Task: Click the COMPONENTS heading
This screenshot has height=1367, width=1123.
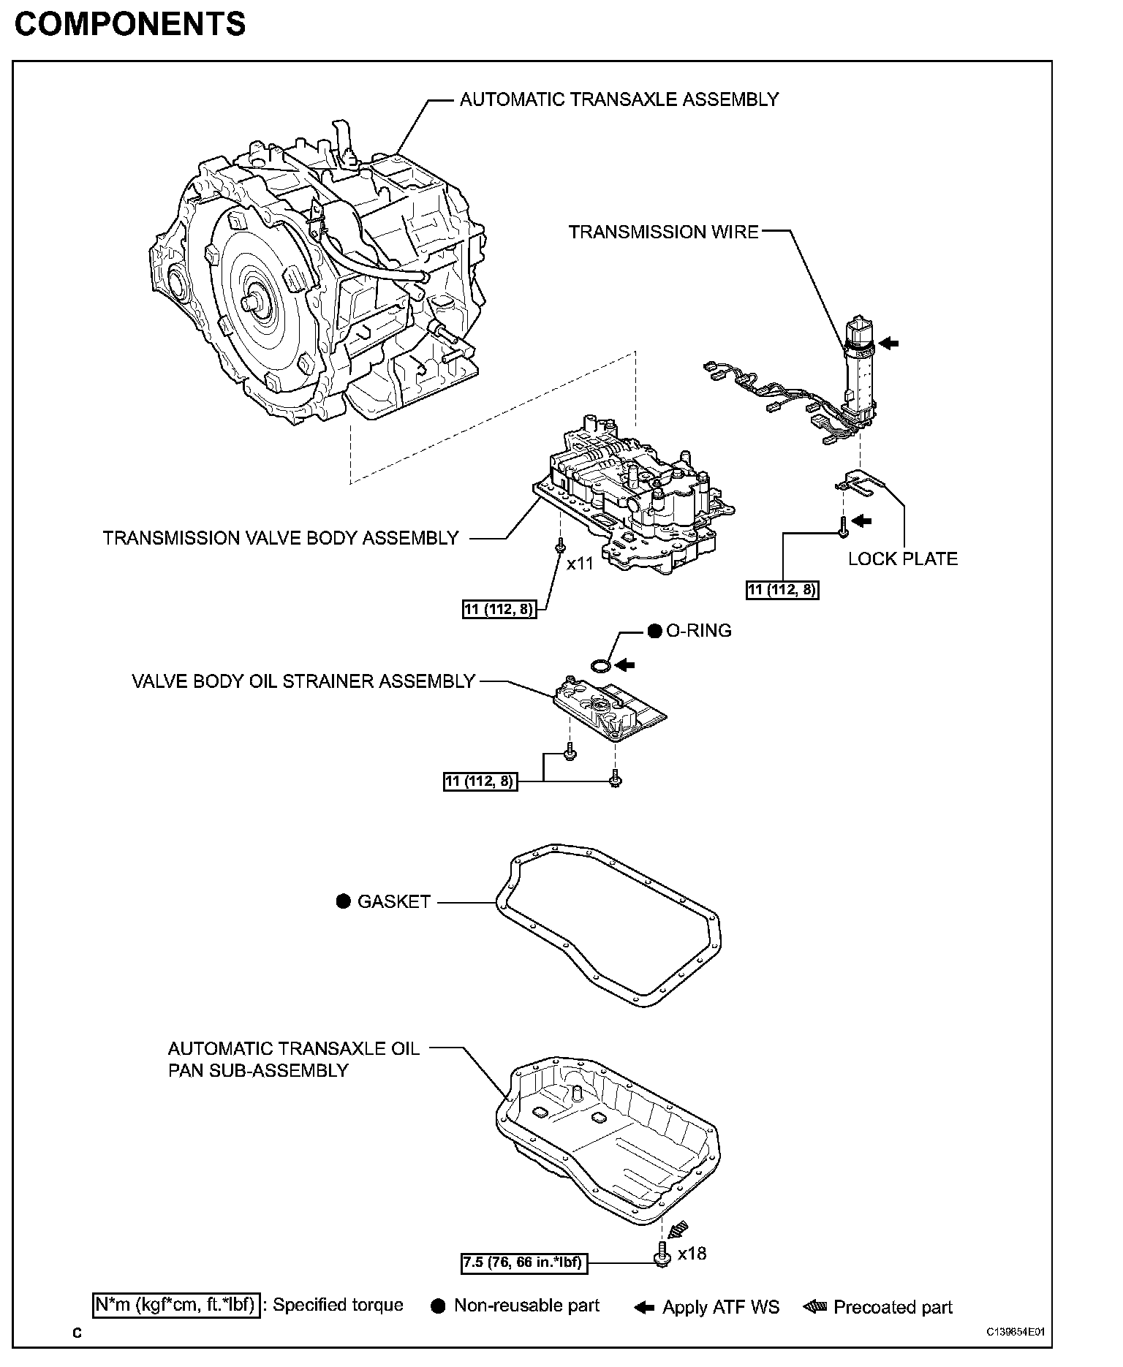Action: coord(130,25)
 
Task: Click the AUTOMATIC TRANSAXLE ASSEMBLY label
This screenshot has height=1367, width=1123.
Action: coord(619,99)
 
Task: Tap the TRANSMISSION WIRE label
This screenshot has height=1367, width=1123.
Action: coord(663,232)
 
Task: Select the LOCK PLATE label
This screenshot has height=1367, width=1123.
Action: coord(902,559)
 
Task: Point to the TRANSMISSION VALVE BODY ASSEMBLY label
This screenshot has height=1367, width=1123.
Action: coord(281,538)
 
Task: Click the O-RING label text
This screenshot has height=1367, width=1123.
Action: coord(698,631)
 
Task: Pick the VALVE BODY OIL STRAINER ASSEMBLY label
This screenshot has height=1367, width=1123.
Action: coord(303,681)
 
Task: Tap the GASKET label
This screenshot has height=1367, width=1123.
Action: coord(393,902)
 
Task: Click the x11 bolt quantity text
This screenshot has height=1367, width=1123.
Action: coord(580,564)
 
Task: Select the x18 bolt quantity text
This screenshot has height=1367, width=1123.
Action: coord(692,1254)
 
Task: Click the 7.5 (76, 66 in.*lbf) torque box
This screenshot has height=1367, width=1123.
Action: coord(524,1262)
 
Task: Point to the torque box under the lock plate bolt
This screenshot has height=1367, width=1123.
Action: coord(782,590)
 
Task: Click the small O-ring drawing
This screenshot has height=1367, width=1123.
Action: coord(601,665)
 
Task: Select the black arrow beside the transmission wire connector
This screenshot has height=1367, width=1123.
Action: coord(888,341)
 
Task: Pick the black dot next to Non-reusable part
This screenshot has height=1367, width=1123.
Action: coord(438,1307)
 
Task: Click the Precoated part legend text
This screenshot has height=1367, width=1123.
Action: coord(893,1307)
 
